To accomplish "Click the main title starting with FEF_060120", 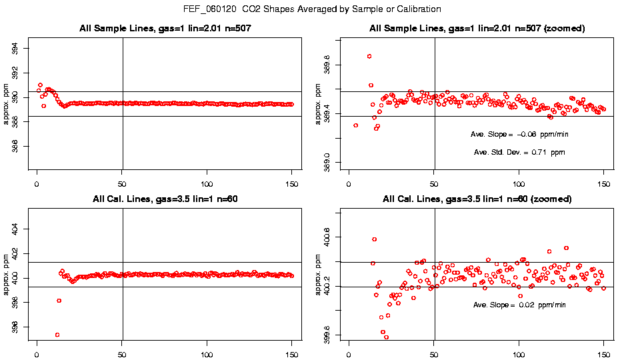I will click(x=312, y=9).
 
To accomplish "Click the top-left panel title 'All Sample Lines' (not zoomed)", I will click(x=164, y=29).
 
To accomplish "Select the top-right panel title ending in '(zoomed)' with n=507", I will click(x=477, y=29).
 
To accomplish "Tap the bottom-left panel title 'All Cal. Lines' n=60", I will click(x=164, y=199).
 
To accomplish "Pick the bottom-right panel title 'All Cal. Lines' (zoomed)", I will click(x=477, y=199).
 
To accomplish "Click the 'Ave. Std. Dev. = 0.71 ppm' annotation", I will click(x=519, y=153).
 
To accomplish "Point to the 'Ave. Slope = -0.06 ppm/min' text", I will click(x=519, y=134).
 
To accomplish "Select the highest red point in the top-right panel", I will click(x=369, y=56).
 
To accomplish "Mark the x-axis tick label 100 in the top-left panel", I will click(x=207, y=183).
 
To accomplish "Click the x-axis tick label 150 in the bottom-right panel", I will click(x=604, y=353).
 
